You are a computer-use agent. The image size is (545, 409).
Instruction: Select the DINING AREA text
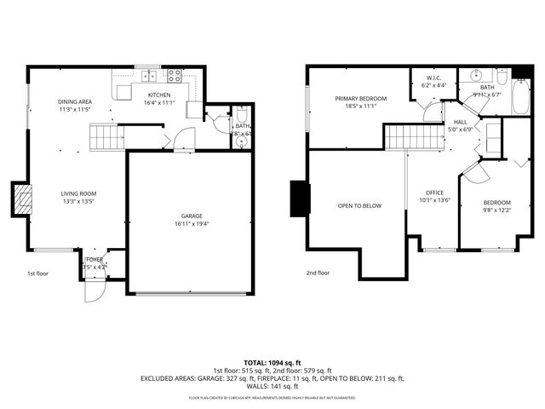click(75, 101)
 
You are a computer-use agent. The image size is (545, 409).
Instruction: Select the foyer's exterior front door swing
click(92, 291)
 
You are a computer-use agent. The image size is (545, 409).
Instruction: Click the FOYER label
click(95, 260)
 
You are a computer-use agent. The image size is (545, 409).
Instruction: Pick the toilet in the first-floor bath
click(242, 115)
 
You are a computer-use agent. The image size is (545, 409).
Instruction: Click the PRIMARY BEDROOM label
click(361, 99)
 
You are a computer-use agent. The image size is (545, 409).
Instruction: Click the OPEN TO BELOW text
click(359, 205)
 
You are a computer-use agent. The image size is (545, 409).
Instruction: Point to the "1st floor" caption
click(37, 274)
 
